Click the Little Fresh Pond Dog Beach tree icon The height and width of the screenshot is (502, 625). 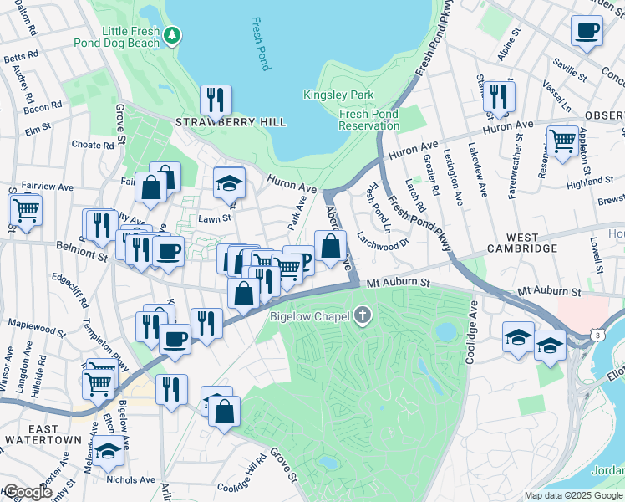point(172,34)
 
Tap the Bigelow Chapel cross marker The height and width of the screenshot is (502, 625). point(362,316)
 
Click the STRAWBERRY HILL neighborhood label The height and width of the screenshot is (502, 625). point(231,122)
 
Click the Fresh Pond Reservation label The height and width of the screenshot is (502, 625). point(369,120)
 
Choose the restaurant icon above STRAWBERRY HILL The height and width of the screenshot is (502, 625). point(216,100)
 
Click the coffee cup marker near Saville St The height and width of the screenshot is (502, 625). point(587,30)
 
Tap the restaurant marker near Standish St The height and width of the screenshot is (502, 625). point(500,96)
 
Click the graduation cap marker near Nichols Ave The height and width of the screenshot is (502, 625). point(108,451)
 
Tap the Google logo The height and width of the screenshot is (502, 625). point(28,493)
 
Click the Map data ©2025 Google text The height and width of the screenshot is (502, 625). point(574,495)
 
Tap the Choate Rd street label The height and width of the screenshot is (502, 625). point(92,145)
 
